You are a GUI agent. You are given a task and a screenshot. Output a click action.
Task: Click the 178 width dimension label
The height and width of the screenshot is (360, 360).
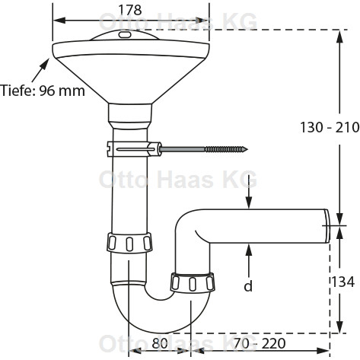tap(130, 10)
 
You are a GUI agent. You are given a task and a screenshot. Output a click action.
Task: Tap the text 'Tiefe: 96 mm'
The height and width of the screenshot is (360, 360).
tap(43, 91)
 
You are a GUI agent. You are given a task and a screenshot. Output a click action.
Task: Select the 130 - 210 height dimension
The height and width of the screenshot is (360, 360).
tap(330, 127)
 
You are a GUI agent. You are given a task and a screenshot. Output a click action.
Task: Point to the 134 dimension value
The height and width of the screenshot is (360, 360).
tap(342, 282)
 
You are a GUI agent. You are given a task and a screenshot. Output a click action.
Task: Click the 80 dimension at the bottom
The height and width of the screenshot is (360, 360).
tap(160, 343)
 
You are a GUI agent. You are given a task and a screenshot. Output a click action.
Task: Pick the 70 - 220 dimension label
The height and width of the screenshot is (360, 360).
tap(260, 343)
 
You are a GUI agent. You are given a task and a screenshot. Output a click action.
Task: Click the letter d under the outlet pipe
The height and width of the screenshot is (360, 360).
tap(248, 285)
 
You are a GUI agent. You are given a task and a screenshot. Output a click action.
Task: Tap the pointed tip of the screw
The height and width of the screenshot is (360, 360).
tap(247, 149)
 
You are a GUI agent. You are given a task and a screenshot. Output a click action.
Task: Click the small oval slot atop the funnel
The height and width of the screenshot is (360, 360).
tap(125, 35)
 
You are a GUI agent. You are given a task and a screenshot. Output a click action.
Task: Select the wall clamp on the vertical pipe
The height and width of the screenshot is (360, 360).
tap(134, 149)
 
